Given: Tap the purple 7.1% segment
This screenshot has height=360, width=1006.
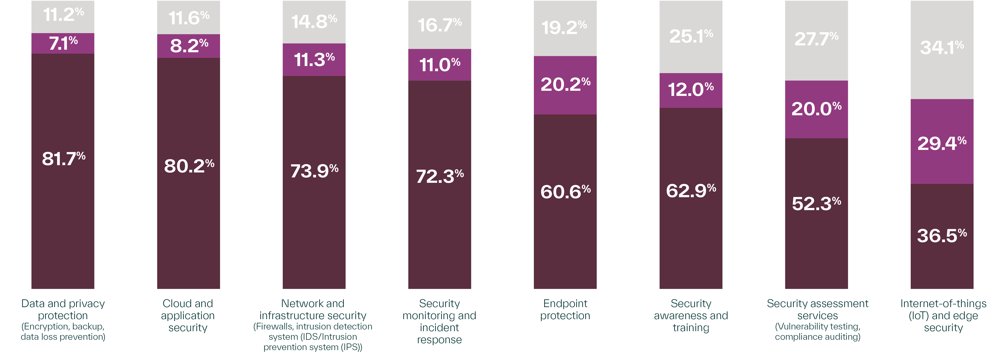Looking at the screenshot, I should pos(63,43).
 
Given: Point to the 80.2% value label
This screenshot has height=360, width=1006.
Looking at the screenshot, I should pos(189,166).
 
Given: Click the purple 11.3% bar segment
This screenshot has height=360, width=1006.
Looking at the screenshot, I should pos(314,60).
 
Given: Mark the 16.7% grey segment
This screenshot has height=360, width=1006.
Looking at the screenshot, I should pos(440,25).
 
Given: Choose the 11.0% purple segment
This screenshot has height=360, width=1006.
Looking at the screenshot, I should pos(440,65).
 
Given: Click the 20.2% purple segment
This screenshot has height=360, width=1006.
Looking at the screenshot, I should pos(565,85).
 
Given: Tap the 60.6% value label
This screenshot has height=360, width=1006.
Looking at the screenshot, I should pos(565,192).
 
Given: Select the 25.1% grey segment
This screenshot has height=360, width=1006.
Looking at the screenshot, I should pos(691,36).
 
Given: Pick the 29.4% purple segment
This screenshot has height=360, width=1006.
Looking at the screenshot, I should pos(942,143).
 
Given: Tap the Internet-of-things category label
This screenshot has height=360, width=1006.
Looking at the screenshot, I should pos(943,304).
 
